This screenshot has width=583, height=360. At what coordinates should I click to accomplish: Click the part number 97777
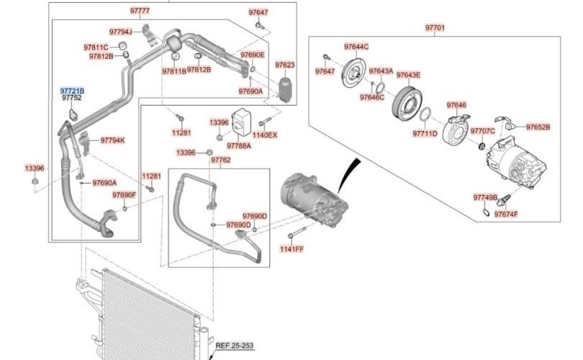[140, 12]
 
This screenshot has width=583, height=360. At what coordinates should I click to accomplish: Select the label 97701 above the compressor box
[435, 28]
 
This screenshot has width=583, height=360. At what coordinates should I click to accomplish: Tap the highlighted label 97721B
[72, 91]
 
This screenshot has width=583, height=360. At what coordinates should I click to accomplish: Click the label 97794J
[121, 32]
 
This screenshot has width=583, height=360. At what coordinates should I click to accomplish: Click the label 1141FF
[292, 249]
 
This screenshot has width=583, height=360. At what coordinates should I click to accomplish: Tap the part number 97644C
[356, 47]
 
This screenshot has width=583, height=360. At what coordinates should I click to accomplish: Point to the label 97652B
[538, 127]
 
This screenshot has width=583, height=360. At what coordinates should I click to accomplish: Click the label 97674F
[506, 215]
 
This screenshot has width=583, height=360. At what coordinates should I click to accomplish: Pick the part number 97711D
[425, 133]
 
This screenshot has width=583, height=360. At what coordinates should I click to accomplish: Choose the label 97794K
[112, 140]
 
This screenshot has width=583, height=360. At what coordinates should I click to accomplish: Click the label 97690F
[124, 195]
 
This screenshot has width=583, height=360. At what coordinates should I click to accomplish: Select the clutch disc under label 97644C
[353, 73]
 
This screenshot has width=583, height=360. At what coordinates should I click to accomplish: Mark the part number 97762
[221, 160]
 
